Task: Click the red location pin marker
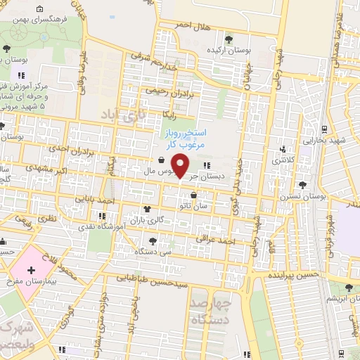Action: click(x=181, y=166)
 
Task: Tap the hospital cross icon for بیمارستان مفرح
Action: click(x=31, y=270)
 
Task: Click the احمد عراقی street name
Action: click(x=217, y=240)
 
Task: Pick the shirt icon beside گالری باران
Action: click(x=147, y=209)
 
